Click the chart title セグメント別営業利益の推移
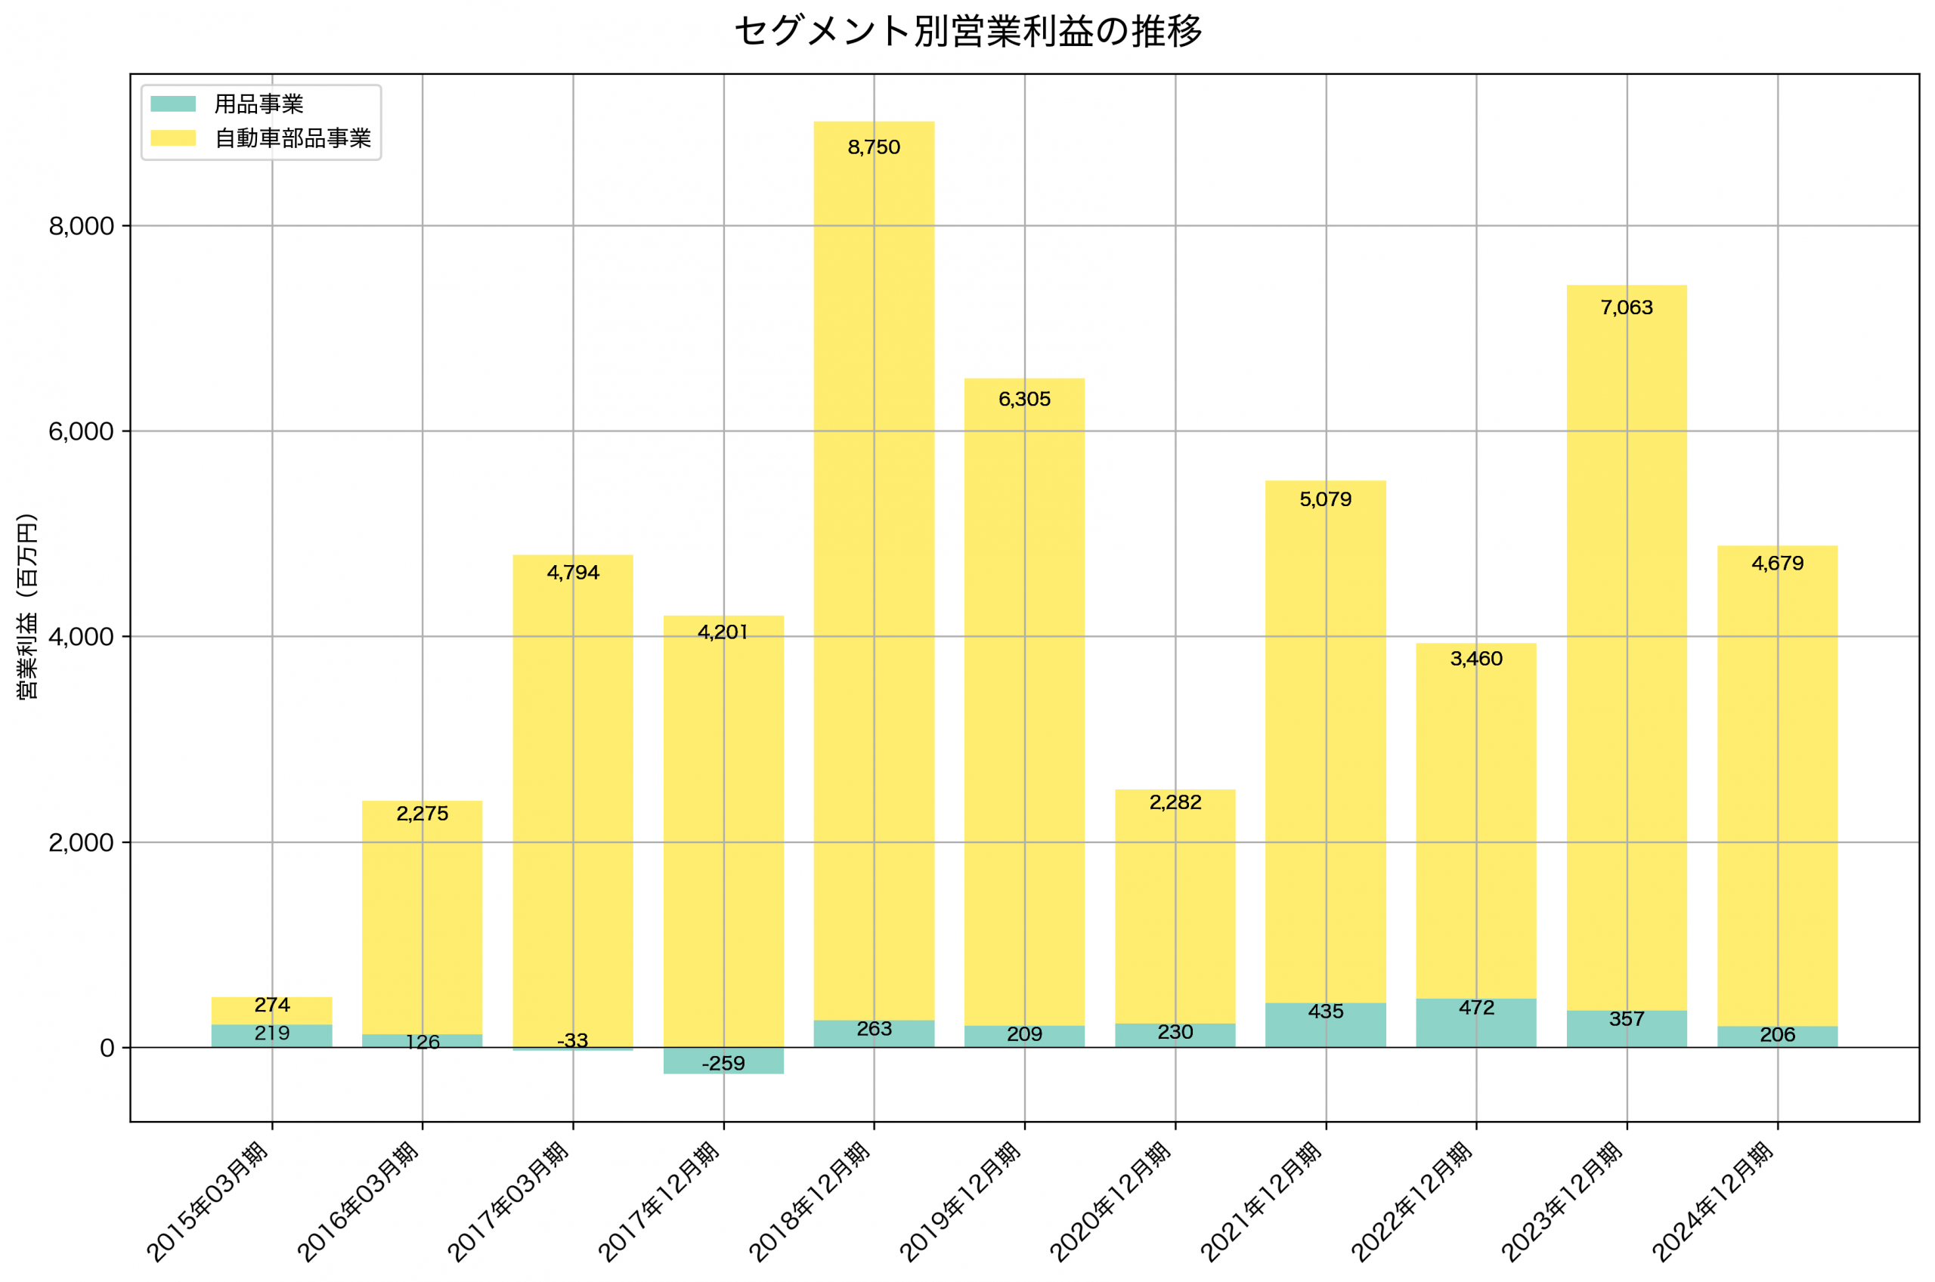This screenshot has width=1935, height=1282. pyautogui.click(x=967, y=31)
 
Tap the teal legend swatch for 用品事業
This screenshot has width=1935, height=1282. pyautogui.click(x=172, y=103)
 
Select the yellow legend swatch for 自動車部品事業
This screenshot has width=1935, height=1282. pyautogui.click(x=172, y=138)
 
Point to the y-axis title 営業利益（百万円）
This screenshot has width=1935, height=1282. pyautogui.click(x=27, y=606)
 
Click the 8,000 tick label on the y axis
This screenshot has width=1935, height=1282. pyautogui.click(x=81, y=227)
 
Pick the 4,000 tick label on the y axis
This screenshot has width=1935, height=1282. pyautogui.click(x=81, y=637)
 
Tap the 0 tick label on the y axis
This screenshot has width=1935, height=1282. pyautogui.click(x=107, y=1048)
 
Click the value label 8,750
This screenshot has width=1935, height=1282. pyautogui.click(x=874, y=147)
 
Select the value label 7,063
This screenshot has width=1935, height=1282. pyautogui.click(x=1626, y=307)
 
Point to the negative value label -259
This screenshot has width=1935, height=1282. pyautogui.click(x=723, y=1064)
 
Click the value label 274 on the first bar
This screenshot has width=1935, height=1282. pyautogui.click(x=271, y=1005)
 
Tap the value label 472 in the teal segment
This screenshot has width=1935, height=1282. pyautogui.click(x=1476, y=1008)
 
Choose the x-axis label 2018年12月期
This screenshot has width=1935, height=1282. pyautogui.click(x=810, y=1202)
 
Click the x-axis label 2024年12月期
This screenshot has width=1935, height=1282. pyautogui.click(x=1713, y=1202)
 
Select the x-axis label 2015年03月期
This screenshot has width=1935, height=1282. pyautogui.click(x=208, y=1202)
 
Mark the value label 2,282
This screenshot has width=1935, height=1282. pyautogui.click(x=1175, y=802)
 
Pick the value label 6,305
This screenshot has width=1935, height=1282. pyautogui.click(x=1024, y=399)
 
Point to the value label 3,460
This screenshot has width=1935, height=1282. pyautogui.click(x=1476, y=658)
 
